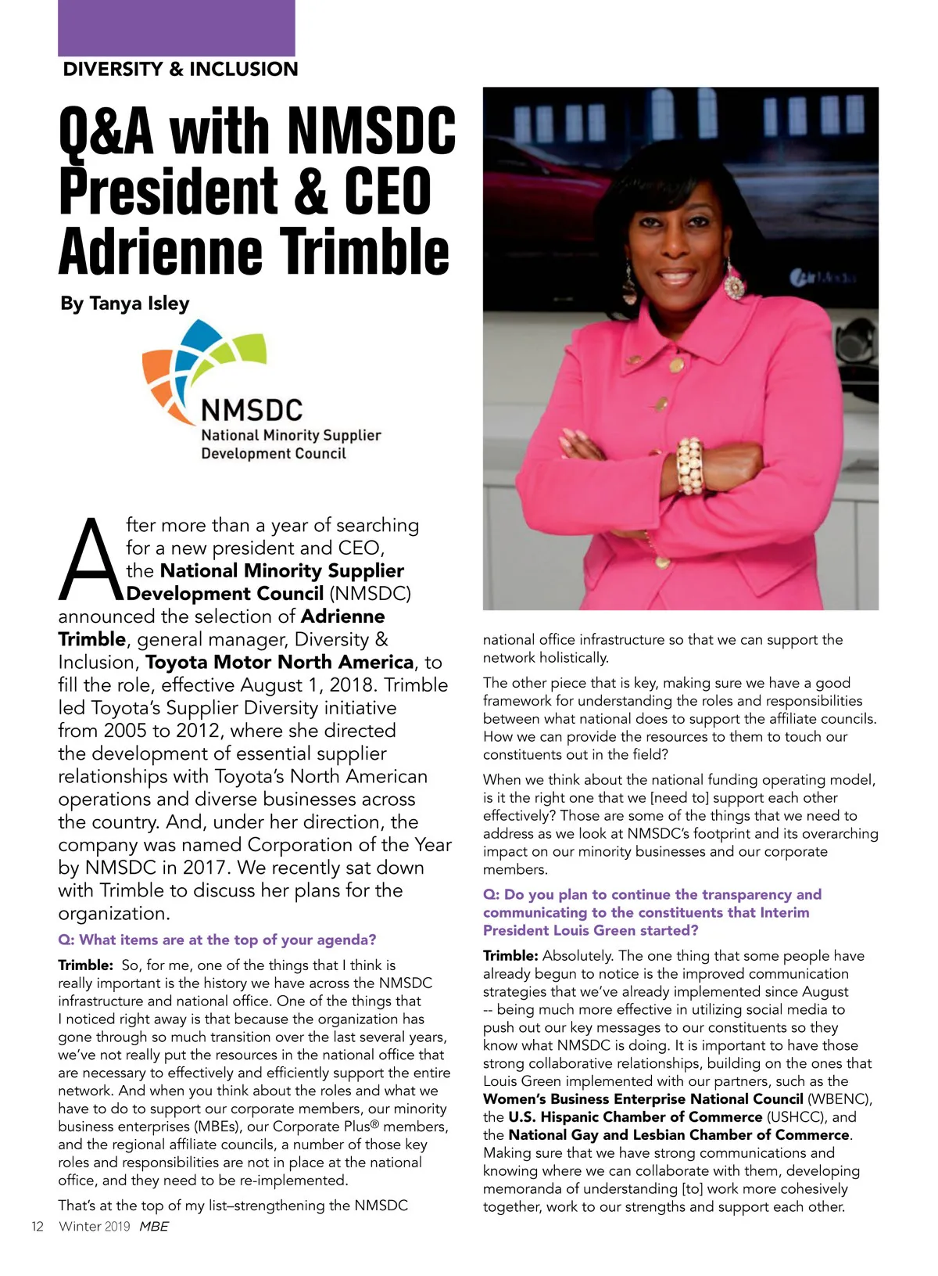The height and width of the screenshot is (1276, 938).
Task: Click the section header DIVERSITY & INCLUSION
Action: [180, 69]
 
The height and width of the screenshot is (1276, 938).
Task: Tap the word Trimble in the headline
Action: [364, 251]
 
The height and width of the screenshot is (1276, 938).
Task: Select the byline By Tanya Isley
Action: [124, 303]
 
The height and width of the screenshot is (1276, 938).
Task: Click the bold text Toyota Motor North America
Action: [279, 662]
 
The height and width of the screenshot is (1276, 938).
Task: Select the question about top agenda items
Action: [217, 940]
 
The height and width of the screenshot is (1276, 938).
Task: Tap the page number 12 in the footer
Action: [37, 1226]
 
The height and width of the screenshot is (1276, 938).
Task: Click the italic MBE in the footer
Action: [153, 1226]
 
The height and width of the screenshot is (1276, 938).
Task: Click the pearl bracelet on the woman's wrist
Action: [691, 465]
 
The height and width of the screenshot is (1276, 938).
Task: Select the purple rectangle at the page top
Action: [177, 27]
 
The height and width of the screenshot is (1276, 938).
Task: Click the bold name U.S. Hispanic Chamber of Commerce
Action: [635, 1116]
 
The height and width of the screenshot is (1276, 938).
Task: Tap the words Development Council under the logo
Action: [273, 454]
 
